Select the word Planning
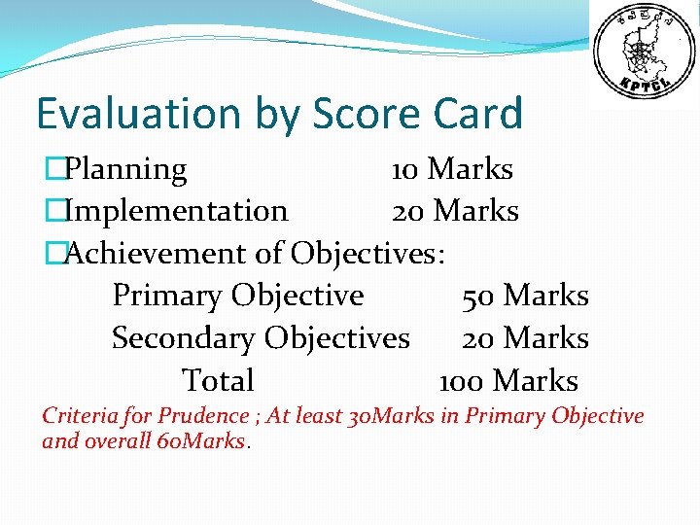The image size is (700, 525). pyautogui.click(x=125, y=170)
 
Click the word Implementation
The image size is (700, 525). pyautogui.click(x=175, y=211)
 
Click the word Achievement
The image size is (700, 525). pyautogui.click(x=156, y=254)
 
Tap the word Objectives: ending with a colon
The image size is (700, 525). pyautogui.click(x=368, y=254)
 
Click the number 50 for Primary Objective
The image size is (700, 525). pyautogui.click(x=478, y=296)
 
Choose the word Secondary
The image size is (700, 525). pyautogui.click(x=184, y=338)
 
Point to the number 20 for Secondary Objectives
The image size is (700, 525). pyautogui.click(x=478, y=338)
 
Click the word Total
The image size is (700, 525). pyautogui.click(x=218, y=381)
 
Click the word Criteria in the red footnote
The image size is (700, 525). pyautogui.click(x=80, y=416)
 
